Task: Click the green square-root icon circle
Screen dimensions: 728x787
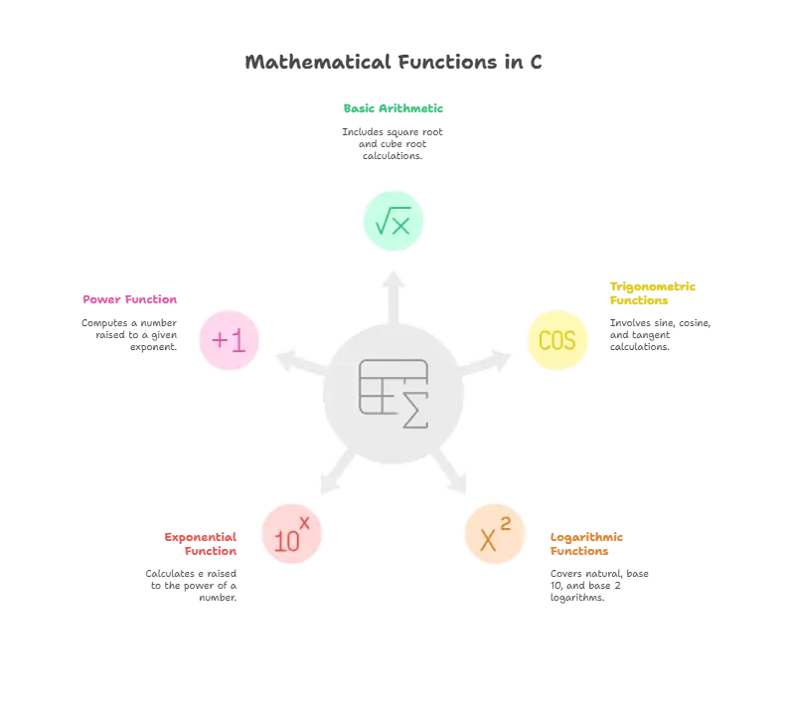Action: point(393,221)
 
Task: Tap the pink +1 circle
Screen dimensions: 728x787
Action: point(229,340)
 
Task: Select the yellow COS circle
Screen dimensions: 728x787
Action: point(556,340)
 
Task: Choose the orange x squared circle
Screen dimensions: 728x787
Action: point(495,536)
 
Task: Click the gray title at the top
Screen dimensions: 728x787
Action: point(393,62)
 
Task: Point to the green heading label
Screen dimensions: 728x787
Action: point(393,110)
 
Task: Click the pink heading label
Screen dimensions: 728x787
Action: point(131,300)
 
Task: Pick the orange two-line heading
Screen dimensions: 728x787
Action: point(587,544)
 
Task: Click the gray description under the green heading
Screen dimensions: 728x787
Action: point(393,145)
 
